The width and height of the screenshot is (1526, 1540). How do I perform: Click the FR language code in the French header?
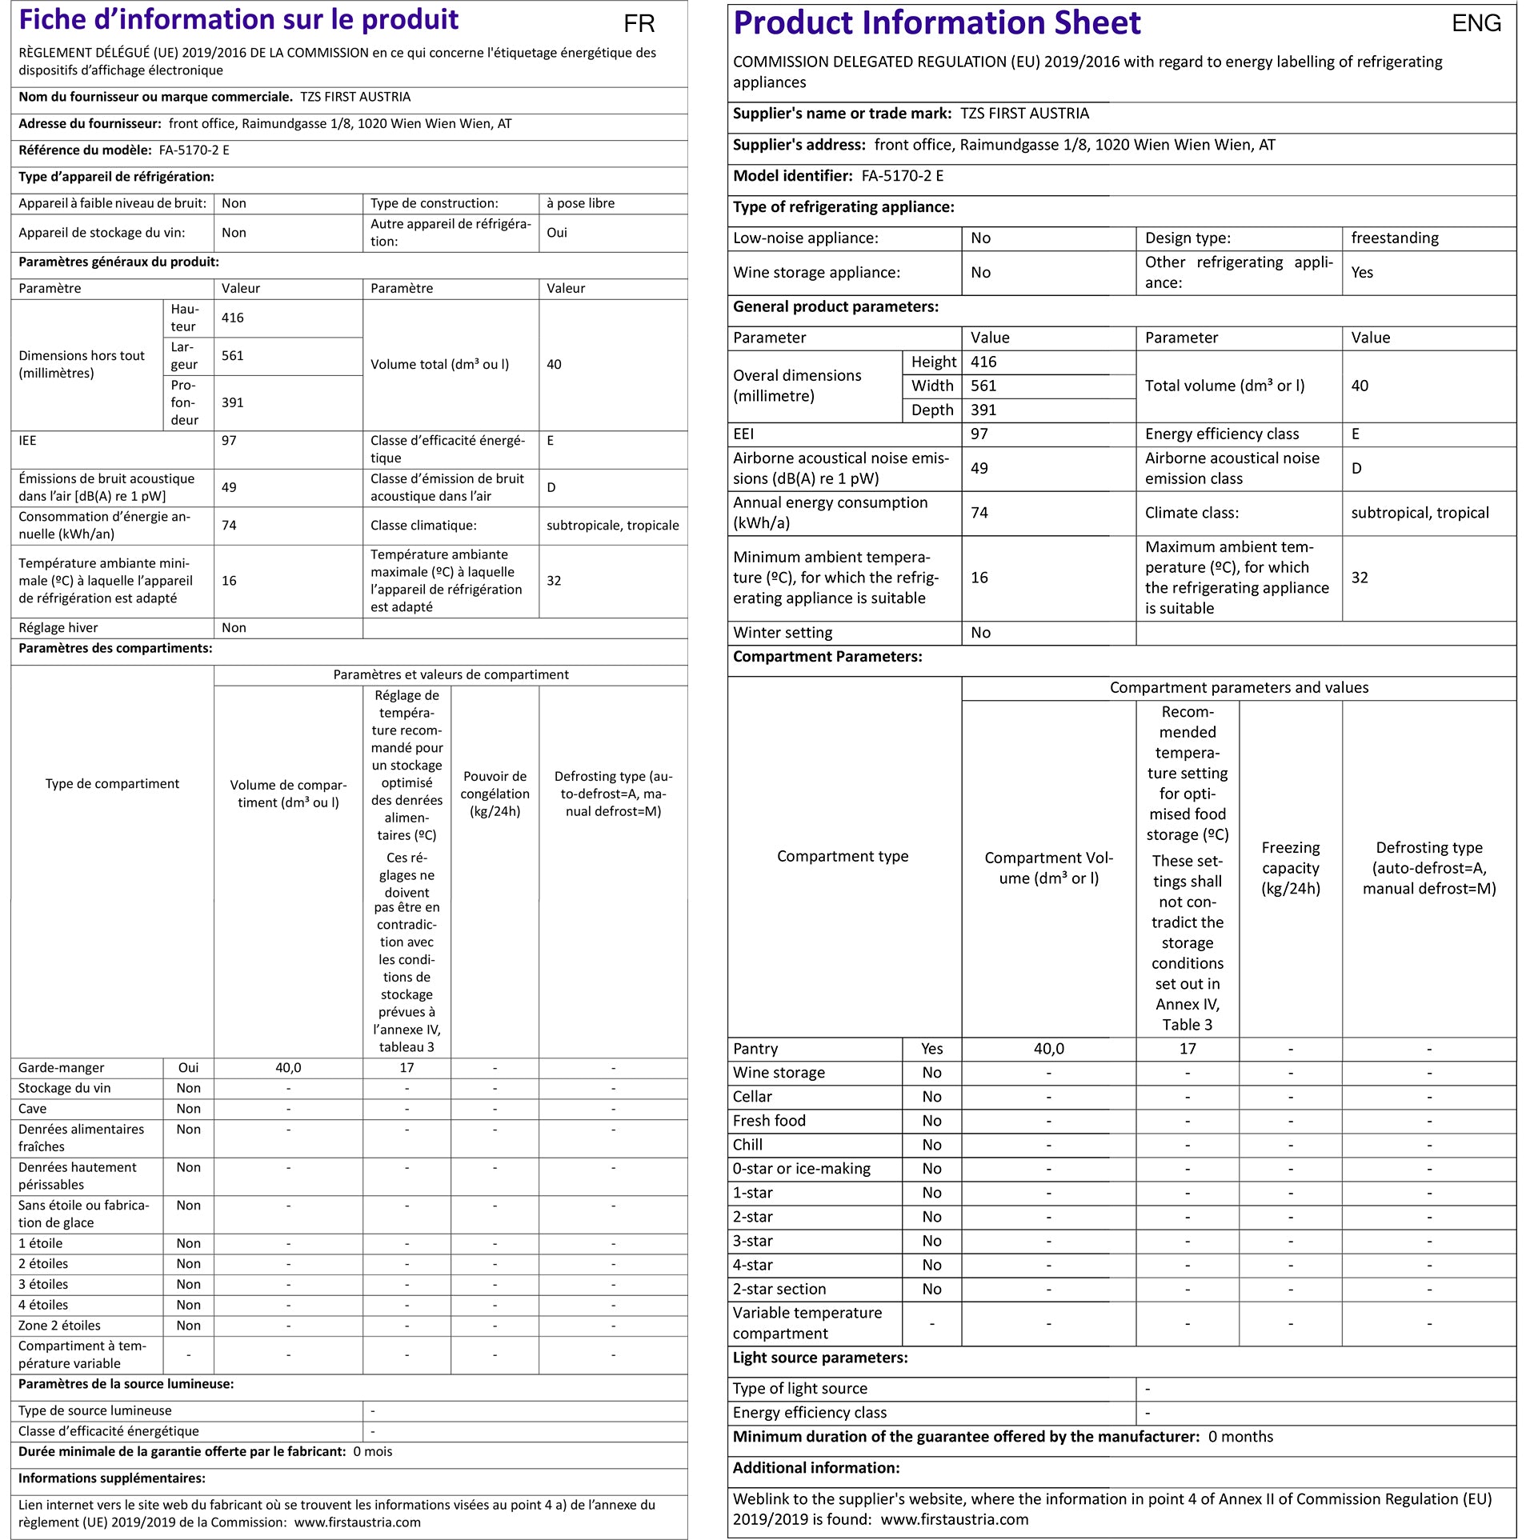[639, 24]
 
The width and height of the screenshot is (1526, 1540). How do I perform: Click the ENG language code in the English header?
[1476, 23]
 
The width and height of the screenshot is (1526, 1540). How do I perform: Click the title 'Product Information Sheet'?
[937, 23]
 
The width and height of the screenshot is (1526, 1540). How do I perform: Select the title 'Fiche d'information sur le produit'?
[238, 19]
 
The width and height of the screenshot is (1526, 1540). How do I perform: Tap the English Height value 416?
[983, 362]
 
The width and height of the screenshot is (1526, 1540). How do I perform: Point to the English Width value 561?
[983, 386]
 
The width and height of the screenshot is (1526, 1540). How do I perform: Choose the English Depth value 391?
[983, 410]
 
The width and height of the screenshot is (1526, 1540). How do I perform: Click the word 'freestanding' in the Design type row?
[1394, 238]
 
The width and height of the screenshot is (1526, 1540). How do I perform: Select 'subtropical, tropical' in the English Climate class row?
[1420, 514]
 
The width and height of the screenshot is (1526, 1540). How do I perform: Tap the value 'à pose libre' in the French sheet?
[580, 203]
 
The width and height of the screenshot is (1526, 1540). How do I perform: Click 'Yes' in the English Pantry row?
[931, 1049]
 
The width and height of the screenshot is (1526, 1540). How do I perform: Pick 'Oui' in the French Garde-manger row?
[189, 1068]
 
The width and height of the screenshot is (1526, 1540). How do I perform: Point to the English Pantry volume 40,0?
[1048, 1049]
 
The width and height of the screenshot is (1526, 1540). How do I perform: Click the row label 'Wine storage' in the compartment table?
[779, 1073]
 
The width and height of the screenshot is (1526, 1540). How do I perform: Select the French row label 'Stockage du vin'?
[65, 1088]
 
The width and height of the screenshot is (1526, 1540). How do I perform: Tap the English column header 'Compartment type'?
[843, 857]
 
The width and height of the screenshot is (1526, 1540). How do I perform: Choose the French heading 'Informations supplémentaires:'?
[112, 1478]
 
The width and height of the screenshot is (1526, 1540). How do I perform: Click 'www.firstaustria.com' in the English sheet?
[955, 1519]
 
